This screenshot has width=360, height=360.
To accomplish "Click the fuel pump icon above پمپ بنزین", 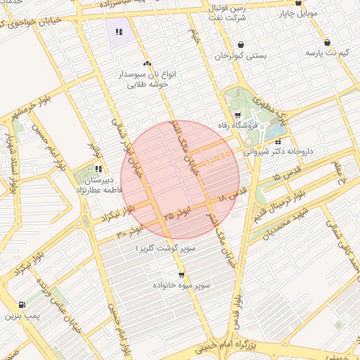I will point(22,305).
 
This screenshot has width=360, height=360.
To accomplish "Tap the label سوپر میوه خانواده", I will point(182,285).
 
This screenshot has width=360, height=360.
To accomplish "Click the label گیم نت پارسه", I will point(328,53).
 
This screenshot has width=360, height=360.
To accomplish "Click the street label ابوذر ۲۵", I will point(176,215).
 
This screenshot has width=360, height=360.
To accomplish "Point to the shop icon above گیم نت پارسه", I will point(328,42).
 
